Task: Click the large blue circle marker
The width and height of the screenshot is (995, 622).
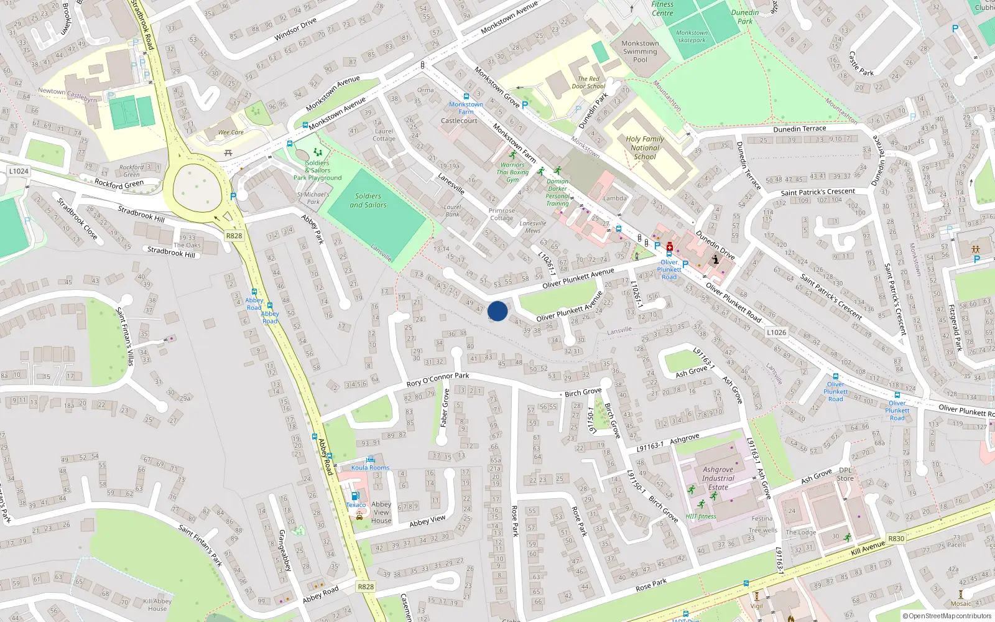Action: (x=497, y=311)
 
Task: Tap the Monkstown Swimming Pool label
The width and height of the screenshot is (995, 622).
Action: (x=640, y=52)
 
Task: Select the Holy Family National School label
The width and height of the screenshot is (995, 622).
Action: (x=645, y=148)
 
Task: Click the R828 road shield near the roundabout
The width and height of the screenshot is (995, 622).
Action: (x=234, y=236)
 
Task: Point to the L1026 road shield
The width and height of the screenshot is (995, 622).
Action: (x=776, y=332)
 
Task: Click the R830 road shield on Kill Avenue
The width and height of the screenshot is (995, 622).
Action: (x=896, y=539)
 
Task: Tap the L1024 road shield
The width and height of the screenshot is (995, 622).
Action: (x=19, y=171)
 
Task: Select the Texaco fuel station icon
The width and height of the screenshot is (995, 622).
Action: (x=354, y=496)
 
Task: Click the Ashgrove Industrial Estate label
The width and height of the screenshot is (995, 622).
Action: (x=718, y=478)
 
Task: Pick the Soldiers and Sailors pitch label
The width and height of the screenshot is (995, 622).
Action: (x=368, y=200)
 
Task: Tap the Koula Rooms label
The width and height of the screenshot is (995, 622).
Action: (x=370, y=468)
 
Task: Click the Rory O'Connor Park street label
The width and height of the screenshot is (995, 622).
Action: (x=438, y=379)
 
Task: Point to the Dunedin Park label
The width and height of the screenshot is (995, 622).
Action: (x=745, y=17)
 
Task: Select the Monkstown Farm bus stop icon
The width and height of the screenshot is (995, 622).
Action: (x=466, y=97)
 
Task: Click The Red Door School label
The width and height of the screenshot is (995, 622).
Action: (x=588, y=83)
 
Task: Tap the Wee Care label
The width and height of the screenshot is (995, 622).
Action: (x=231, y=132)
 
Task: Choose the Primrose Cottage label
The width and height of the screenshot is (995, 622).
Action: (x=501, y=214)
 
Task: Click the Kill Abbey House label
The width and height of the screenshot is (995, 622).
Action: (x=157, y=605)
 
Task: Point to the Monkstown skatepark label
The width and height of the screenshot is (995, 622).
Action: (x=692, y=37)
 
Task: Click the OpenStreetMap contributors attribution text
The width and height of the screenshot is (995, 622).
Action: (x=948, y=616)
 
